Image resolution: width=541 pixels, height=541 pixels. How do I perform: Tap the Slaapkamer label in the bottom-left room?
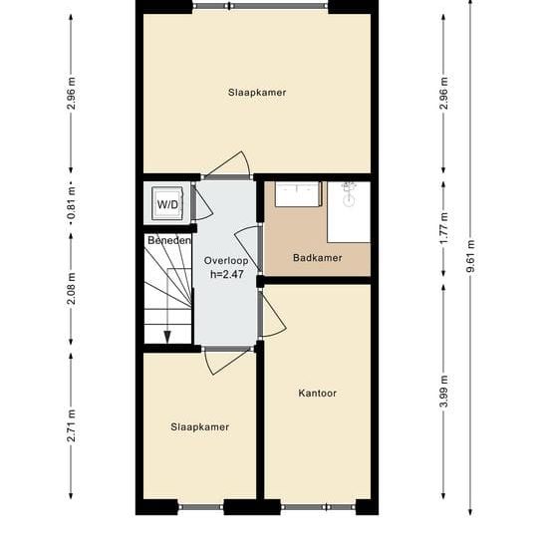click(199, 426)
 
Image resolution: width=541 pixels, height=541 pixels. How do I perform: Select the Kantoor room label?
click(317, 393)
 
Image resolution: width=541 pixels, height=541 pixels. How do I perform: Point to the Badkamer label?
click(317, 258)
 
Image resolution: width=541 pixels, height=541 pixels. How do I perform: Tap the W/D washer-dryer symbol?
click(166, 206)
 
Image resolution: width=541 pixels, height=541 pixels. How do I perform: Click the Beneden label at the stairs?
click(168, 241)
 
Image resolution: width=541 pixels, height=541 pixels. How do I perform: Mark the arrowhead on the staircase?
click(167, 337)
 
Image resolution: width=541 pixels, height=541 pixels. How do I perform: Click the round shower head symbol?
click(349, 198)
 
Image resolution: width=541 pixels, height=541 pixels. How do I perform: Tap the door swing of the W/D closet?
click(202, 205)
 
